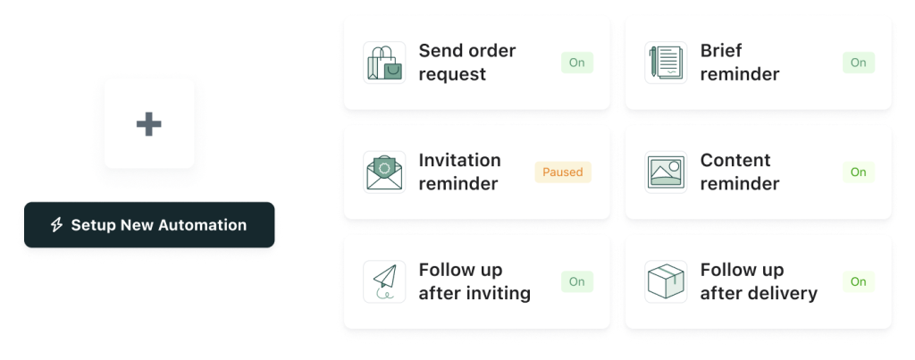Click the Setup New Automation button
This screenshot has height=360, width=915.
click(149, 224)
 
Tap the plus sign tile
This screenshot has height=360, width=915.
click(149, 123)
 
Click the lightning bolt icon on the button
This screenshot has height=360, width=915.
click(56, 225)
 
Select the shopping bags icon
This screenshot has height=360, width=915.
click(384, 63)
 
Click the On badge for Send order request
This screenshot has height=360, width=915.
click(577, 63)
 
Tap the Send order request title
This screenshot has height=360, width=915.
click(467, 63)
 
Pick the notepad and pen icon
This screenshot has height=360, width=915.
click(666, 63)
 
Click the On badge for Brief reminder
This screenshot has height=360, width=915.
click(859, 63)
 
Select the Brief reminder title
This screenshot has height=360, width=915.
click(739, 63)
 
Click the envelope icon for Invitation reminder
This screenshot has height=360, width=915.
click(384, 172)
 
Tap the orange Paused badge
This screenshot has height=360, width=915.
click(563, 172)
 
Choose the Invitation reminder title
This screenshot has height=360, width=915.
click(460, 172)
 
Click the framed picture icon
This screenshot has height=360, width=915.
click(666, 172)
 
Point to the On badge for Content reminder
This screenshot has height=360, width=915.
click(859, 172)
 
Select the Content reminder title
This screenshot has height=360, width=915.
click(739, 172)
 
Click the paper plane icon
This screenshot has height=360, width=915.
click(384, 281)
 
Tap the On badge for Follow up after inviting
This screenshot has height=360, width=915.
click(577, 281)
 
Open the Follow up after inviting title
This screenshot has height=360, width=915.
click(474, 281)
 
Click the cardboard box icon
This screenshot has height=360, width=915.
click(666, 281)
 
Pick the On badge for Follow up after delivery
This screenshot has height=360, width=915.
click(859, 281)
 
